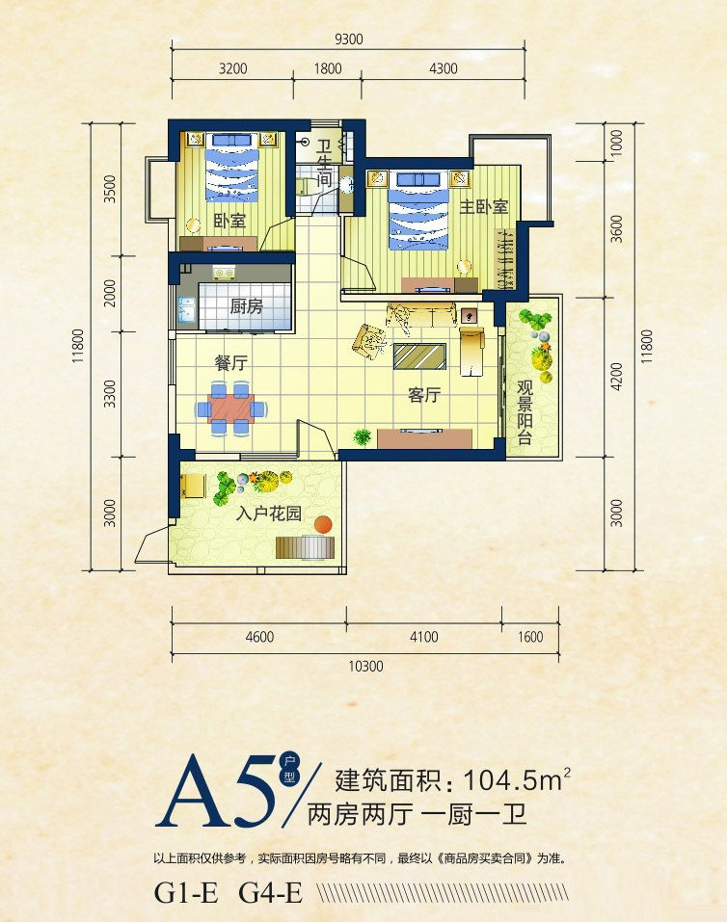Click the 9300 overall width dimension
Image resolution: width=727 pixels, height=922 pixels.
pos(348,40)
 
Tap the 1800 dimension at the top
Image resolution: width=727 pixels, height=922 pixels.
pos(327,68)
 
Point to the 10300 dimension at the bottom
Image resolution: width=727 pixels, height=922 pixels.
pos(365,667)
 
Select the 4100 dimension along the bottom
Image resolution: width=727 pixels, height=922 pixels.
pos(424,637)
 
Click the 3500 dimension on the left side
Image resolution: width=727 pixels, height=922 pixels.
pos(110,189)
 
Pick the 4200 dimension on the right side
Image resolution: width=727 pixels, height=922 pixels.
pos(616,377)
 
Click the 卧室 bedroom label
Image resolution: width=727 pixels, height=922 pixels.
pos(229,221)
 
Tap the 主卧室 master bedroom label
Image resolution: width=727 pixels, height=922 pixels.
pos(483,206)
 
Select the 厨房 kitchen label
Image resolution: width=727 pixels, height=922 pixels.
pos(246,305)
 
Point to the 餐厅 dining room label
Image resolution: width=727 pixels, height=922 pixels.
pos(230,363)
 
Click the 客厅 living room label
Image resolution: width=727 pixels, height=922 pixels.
pos(424,395)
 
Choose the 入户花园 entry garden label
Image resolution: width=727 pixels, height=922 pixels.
pos(268,514)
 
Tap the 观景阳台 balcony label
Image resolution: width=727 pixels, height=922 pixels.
pos(525,411)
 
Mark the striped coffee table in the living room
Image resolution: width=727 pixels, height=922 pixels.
pos(419,356)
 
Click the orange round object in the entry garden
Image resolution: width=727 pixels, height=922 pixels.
pos(323,524)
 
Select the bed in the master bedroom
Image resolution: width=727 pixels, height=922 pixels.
pos(418,210)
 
